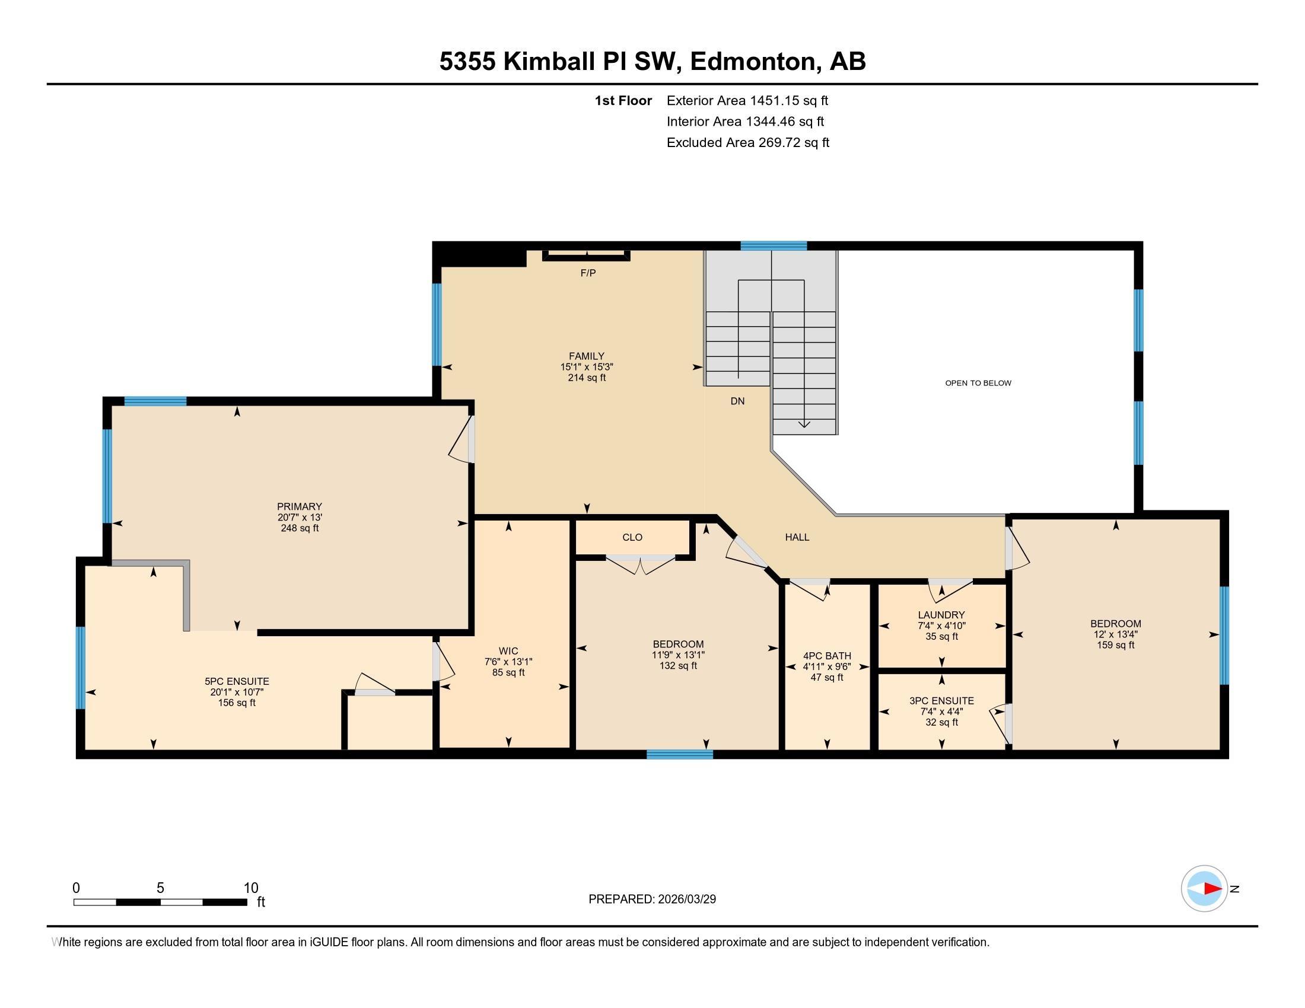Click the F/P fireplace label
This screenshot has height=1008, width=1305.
tap(588, 273)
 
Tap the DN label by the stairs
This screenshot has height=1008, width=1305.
tap(737, 401)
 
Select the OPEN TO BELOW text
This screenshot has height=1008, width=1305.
tap(978, 384)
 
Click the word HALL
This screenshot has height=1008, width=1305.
tap(797, 537)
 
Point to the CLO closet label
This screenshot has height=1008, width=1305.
tap(632, 537)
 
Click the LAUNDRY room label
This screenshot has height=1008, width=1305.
tap(941, 615)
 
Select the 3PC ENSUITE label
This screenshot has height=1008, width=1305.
tap(941, 701)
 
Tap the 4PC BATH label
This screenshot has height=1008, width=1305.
tap(827, 656)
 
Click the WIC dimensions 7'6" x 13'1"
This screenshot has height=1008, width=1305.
tap(508, 662)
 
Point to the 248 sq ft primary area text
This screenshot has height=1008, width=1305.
tap(300, 528)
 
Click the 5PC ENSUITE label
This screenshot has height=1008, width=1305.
tap(237, 681)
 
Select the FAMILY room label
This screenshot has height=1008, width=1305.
tap(586, 356)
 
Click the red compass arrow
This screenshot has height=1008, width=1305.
tap(1212, 889)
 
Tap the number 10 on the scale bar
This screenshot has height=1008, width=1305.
tap(251, 888)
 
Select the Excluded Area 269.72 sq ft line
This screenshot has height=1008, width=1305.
tap(747, 143)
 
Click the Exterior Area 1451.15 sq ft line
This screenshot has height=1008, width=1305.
tap(747, 101)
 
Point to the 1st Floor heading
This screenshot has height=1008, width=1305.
tap(623, 101)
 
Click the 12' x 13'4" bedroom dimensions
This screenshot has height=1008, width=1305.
tap(1115, 634)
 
